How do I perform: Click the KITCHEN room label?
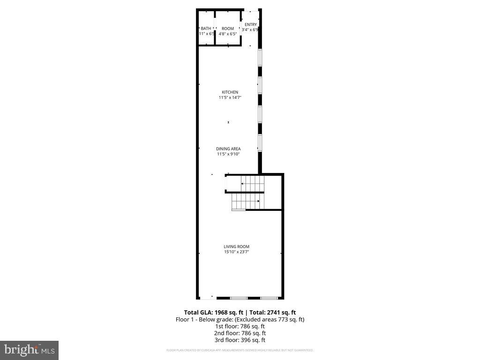[230, 92]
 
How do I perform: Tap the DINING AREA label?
[228, 149]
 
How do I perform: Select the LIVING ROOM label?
[236, 247]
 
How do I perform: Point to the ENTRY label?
[251, 24]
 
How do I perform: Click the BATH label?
[206, 29]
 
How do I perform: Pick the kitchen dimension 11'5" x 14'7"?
[230, 98]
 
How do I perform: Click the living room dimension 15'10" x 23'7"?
[236, 252]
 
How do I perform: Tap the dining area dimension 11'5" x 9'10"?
[228, 154]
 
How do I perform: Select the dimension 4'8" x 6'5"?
[228, 34]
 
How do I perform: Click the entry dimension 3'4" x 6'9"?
[250, 30]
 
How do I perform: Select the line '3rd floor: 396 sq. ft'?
[240, 340]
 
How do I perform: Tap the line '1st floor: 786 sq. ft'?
[240, 326]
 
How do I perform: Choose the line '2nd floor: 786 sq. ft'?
[240, 333]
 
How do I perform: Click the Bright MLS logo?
[29, 350]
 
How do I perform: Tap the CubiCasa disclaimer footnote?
[240, 350]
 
